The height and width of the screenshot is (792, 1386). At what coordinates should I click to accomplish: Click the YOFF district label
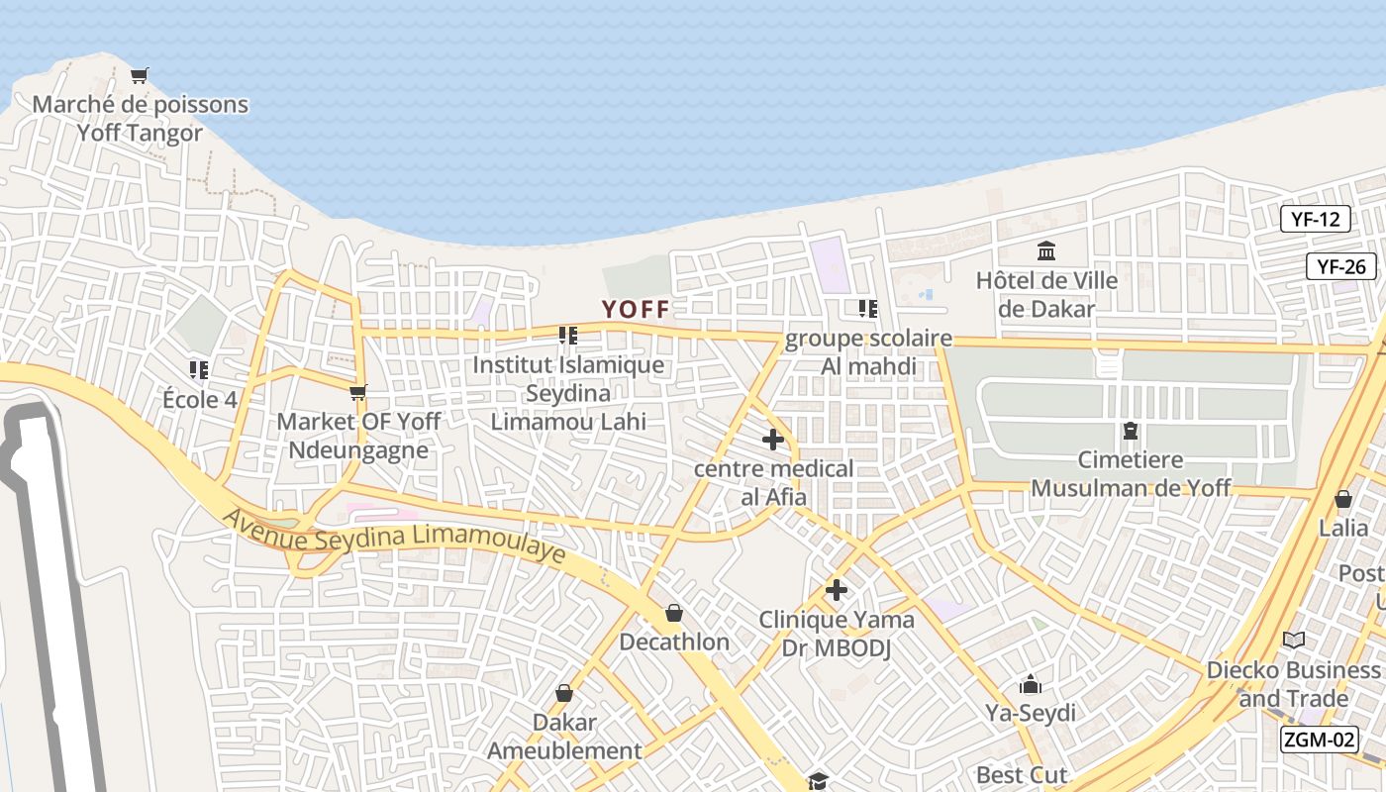click(x=635, y=309)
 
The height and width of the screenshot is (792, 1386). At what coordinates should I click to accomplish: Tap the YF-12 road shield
click(x=1315, y=219)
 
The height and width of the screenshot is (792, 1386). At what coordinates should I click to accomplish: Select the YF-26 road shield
click(x=1341, y=265)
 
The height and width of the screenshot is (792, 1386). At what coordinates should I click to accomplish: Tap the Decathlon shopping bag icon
click(x=674, y=613)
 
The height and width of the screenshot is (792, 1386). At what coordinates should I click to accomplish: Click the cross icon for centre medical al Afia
click(x=773, y=440)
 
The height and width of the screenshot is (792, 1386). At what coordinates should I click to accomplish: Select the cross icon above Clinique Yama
click(x=837, y=590)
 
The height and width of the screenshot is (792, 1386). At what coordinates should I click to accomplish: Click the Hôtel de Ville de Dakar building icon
click(x=1046, y=250)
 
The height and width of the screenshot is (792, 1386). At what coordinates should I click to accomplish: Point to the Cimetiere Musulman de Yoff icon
click(x=1130, y=431)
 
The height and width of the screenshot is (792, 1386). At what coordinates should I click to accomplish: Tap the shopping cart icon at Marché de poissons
click(x=140, y=75)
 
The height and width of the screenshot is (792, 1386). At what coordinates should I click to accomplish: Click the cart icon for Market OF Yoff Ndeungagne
click(x=358, y=393)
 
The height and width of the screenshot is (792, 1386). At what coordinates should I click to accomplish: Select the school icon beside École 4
click(x=199, y=370)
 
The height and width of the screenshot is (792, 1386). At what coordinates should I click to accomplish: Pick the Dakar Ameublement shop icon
click(x=564, y=693)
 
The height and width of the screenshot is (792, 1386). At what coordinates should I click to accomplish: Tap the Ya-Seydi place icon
click(x=1031, y=684)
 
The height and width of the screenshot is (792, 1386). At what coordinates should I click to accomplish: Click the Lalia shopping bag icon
click(x=1343, y=499)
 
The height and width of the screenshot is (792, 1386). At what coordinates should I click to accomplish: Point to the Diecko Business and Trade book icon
click(x=1294, y=641)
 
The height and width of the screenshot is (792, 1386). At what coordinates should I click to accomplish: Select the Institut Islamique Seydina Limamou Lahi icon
click(x=568, y=336)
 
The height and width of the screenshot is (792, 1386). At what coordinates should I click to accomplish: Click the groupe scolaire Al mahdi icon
click(x=868, y=309)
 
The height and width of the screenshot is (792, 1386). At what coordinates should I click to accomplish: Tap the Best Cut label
click(x=1022, y=774)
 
